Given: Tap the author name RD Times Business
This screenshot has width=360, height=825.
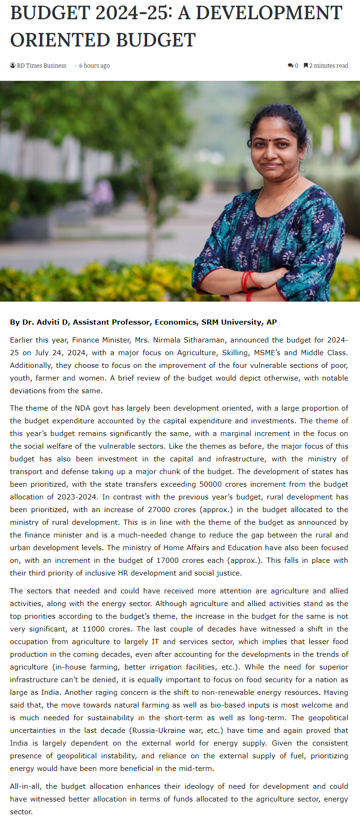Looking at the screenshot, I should [41, 66].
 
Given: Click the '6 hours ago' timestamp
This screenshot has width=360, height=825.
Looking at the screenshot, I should [94, 66].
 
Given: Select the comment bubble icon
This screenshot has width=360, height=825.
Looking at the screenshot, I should [290, 66].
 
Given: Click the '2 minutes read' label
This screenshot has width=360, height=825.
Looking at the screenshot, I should [329, 66].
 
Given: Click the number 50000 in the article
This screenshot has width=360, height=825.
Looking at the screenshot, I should [212, 484].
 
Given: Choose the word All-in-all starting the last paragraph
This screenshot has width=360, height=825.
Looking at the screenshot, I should [26, 786].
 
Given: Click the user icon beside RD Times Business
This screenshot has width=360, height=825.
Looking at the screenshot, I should [13, 65].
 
